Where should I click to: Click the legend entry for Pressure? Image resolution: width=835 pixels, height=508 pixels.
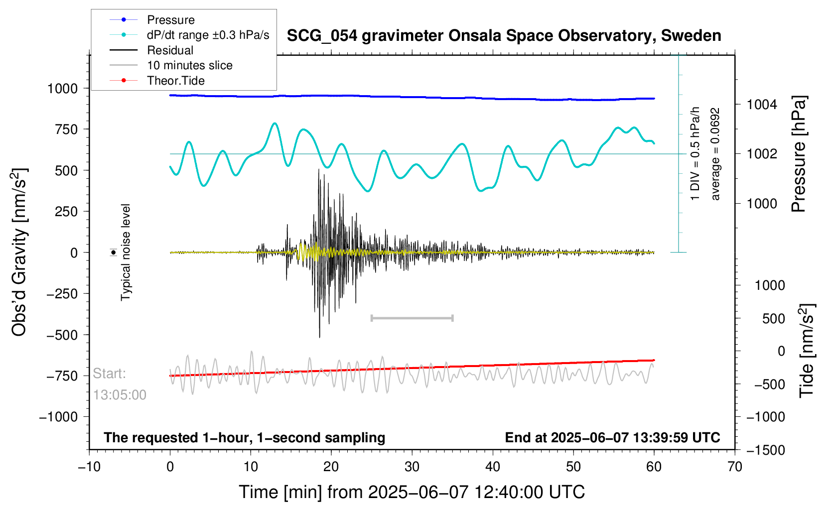[170, 20]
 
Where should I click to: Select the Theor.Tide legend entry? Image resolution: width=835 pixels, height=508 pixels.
[175, 81]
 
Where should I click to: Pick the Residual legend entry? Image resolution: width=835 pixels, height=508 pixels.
[170, 50]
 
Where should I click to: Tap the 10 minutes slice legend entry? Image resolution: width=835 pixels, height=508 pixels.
[189, 65]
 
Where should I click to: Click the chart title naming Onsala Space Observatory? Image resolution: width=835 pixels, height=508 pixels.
[504, 36]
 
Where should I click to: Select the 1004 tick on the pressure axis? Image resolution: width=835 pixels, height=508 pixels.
[762, 105]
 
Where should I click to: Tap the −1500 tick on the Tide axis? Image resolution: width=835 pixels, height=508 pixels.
[765, 450]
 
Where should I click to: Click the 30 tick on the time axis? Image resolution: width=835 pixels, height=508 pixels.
[412, 467]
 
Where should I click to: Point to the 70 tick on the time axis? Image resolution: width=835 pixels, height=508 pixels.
[735, 467]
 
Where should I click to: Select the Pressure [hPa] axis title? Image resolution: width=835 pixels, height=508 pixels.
[799, 154]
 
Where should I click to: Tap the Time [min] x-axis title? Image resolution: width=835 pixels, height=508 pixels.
[412, 492]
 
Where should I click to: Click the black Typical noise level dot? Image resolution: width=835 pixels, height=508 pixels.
[114, 253]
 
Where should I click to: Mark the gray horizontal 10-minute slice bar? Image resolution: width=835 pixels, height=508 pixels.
[412, 318]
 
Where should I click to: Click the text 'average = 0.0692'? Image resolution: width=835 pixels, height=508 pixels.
[715, 154]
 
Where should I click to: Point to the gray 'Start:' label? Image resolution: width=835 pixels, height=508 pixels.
[110, 374]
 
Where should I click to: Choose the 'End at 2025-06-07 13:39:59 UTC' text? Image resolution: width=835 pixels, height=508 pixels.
[612, 438]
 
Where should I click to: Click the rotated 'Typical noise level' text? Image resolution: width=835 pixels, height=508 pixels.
[126, 253]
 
